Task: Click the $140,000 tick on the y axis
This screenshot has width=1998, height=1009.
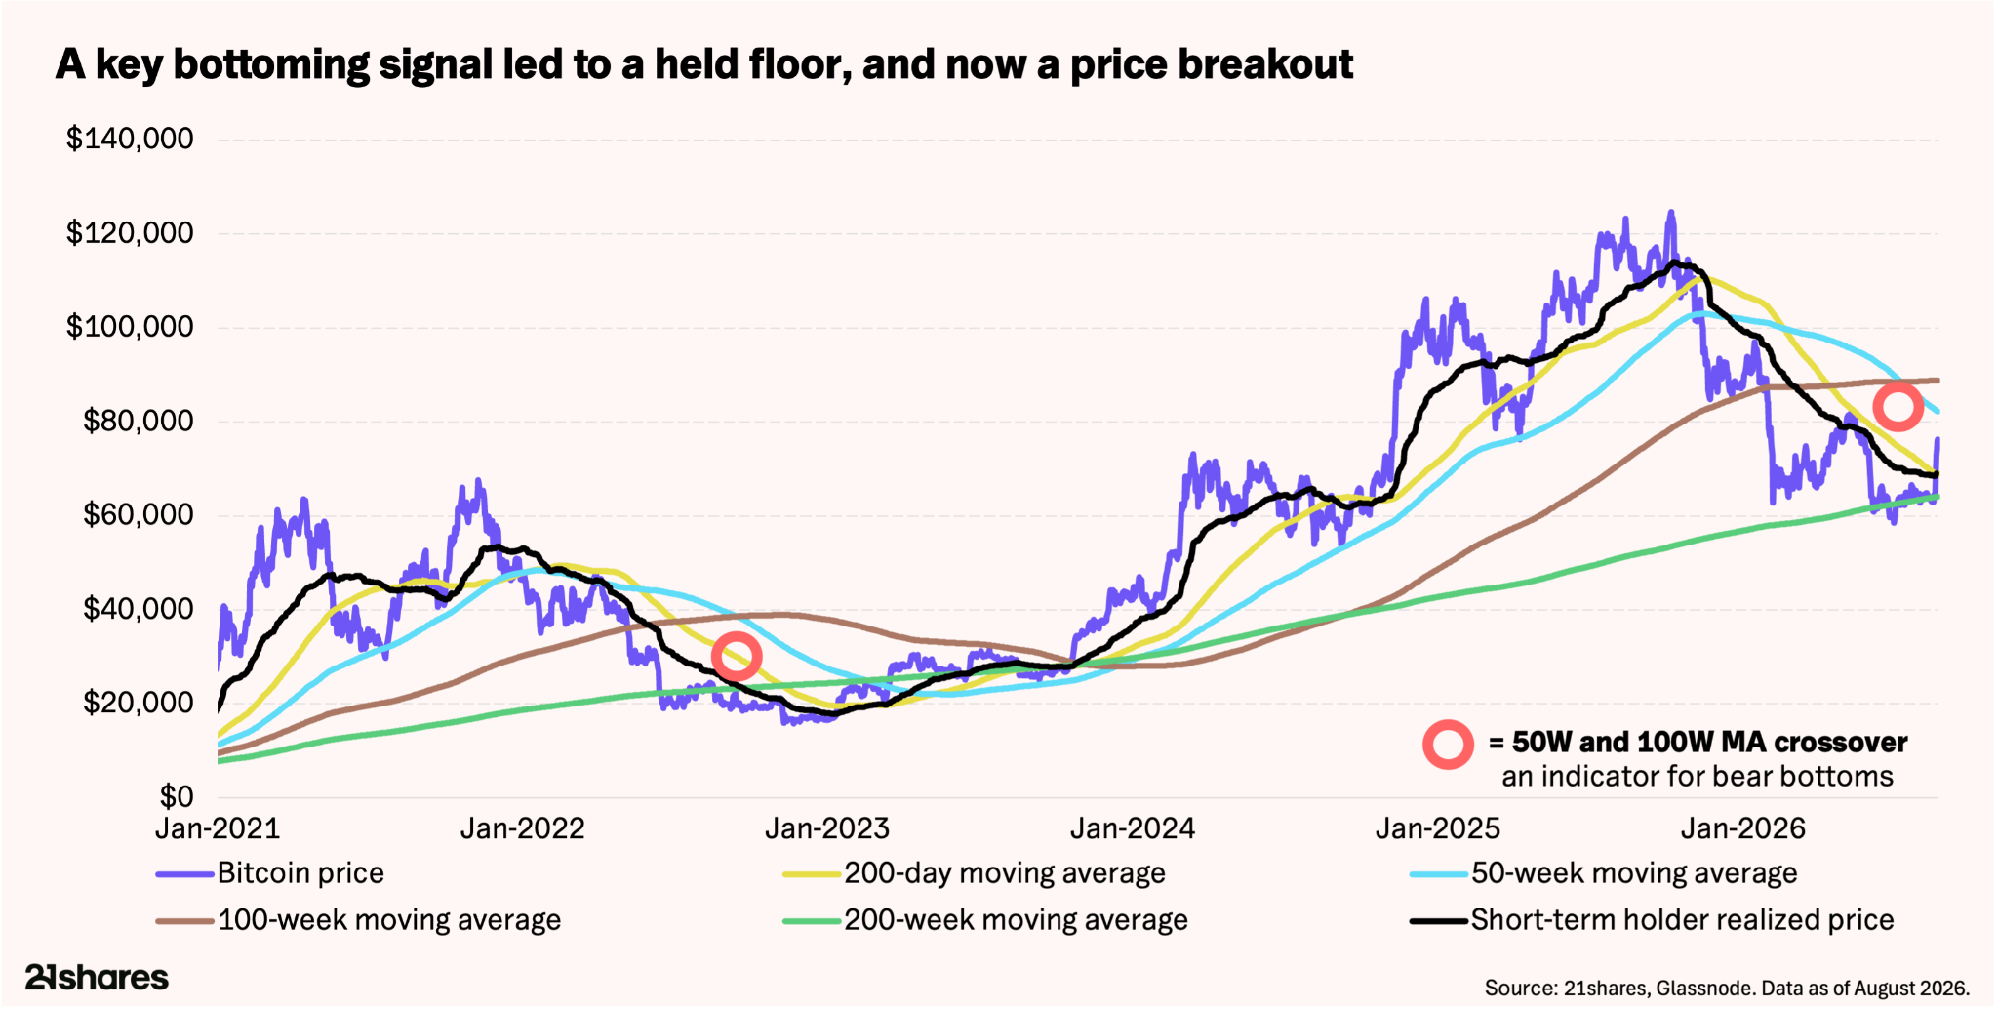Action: [x=130, y=139]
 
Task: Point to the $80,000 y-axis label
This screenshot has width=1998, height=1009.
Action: [x=138, y=421]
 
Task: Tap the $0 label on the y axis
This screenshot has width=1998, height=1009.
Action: [x=177, y=796]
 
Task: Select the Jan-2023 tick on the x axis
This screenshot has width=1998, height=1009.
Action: [x=827, y=828]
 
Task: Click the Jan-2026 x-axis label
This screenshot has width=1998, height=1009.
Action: [x=1742, y=828]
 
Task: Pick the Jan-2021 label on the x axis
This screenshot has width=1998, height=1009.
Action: [x=218, y=828]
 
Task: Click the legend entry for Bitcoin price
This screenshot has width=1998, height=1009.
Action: [x=270, y=872]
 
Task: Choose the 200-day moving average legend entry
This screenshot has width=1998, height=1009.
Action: [x=975, y=872]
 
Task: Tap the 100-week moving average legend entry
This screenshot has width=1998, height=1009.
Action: [x=359, y=919]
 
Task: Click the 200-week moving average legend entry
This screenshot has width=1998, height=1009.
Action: [x=986, y=919]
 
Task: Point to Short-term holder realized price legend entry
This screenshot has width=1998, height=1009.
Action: [x=1653, y=919]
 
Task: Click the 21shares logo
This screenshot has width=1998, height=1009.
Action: [x=97, y=977]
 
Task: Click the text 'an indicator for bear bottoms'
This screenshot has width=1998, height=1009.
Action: [x=1698, y=777]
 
